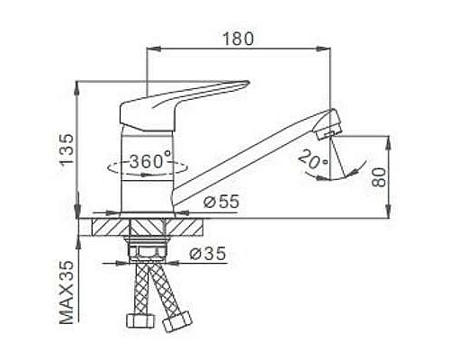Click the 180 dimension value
238,38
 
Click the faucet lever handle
189,95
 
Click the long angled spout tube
252,153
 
